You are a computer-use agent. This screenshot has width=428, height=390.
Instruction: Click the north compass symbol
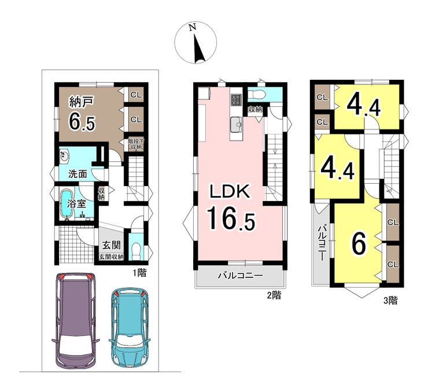[x=195, y=43]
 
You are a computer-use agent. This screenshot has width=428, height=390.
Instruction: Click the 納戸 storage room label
[x=82, y=102]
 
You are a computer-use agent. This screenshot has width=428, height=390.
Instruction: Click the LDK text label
[x=229, y=191]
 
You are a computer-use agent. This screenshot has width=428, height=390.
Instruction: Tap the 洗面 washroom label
[x=78, y=174]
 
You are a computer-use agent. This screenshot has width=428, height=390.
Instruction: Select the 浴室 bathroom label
[x=77, y=203]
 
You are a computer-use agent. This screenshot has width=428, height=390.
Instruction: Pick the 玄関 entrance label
[x=112, y=245]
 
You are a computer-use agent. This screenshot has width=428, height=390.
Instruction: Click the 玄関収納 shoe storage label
[x=112, y=257]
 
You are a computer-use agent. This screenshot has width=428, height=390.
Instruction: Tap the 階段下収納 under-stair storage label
[x=135, y=144]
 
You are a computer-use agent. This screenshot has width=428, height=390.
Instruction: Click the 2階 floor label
[x=274, y=295]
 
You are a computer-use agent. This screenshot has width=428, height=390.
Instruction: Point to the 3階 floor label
[x=390, y=300]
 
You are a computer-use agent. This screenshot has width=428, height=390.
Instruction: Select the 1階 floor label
[x=139, y=273]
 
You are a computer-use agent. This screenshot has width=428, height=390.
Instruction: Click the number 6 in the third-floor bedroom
[x=359, y=244]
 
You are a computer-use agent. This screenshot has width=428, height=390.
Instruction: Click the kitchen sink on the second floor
[x=236, y=125]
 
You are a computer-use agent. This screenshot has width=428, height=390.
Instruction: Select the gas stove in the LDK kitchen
[x=236, y=100]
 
